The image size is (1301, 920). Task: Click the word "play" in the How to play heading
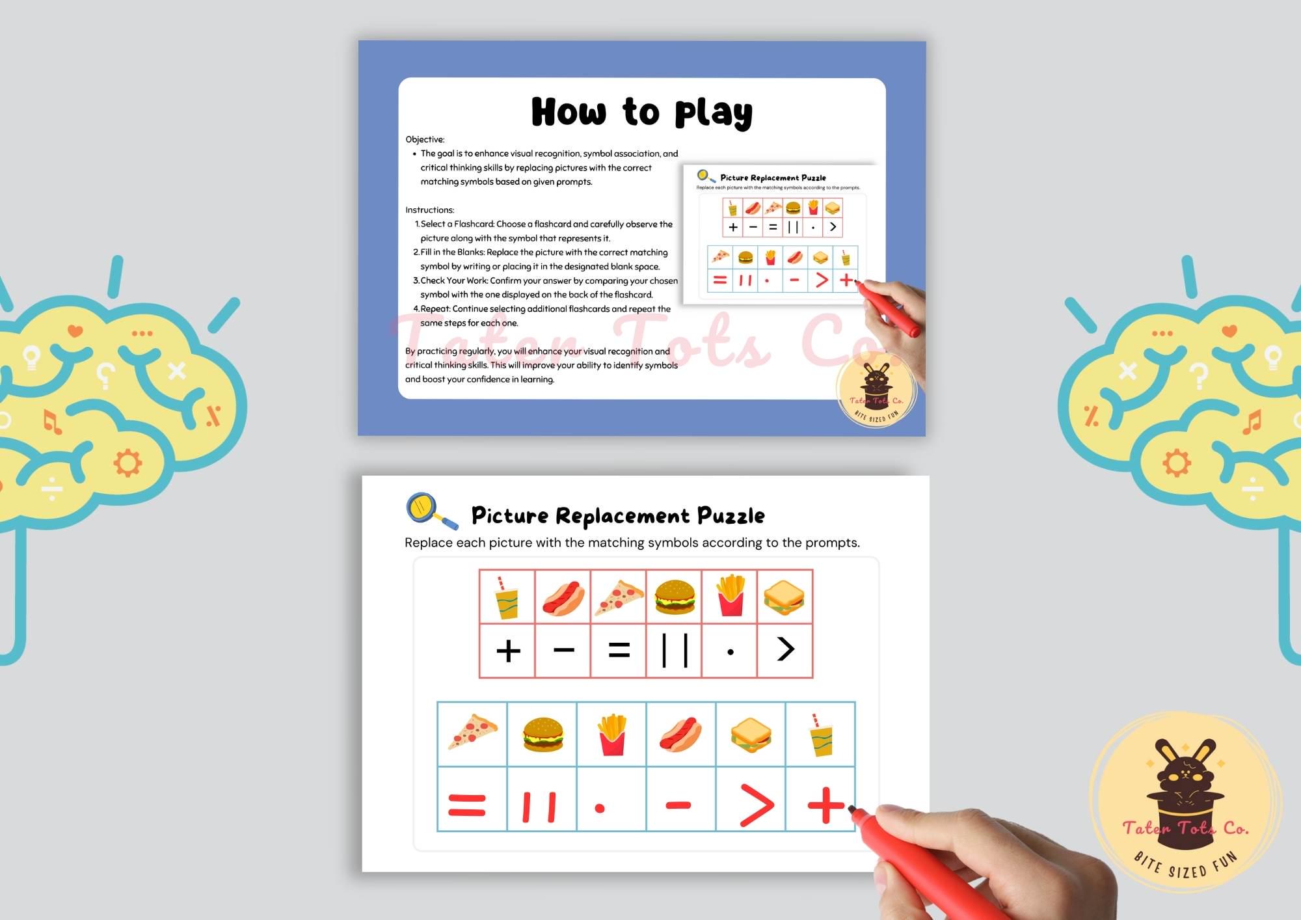tap(714, 113)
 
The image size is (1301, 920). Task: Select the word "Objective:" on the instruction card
tap(425, 139)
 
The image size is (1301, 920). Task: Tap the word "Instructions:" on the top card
tap(429, 210)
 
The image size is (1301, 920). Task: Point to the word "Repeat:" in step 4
tap(435, 309)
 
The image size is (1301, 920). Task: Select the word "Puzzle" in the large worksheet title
tap(731, 516)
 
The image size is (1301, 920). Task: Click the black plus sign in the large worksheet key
tap(508, 651)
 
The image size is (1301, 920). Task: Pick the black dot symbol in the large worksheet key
tap(731, 652)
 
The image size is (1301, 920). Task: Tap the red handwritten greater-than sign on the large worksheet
tap(757, 805)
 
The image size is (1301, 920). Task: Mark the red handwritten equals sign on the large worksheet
tap(467, 805)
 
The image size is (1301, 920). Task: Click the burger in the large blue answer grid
tap(543, 734)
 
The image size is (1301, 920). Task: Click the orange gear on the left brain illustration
tap(127, 463)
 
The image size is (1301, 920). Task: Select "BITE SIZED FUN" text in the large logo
tap(1186, 866)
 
